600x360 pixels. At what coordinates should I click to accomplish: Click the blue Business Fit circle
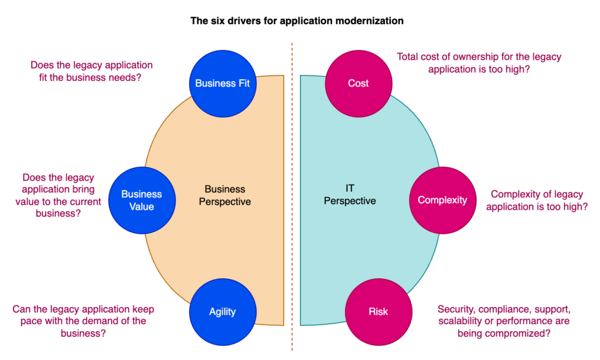[223, 83]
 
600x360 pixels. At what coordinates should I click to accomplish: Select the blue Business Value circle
[141, 200]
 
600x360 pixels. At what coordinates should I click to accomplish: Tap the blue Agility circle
[222, 311]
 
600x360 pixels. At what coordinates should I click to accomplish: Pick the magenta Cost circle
[358, 83]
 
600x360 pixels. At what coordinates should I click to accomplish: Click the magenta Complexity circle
[442, 200]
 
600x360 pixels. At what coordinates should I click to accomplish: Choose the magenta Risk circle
[378, 311]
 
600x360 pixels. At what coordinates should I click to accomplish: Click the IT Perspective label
[350, 195]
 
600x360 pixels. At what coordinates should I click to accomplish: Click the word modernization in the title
[370, 21]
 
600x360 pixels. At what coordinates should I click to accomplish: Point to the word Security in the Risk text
[456, 309]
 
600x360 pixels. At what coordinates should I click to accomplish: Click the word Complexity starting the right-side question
[514, 194]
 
